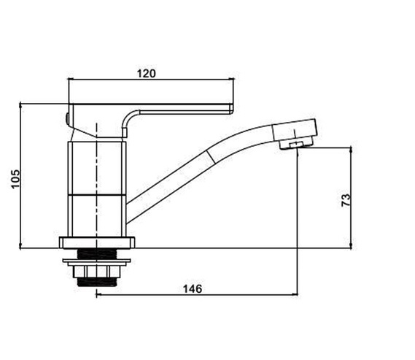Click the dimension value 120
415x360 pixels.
147,73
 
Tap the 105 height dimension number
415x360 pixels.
15,179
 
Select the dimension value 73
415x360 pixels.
346,200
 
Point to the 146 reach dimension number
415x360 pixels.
193,288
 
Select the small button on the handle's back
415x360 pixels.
67,119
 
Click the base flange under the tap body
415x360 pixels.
97,242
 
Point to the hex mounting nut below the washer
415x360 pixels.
96,272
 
